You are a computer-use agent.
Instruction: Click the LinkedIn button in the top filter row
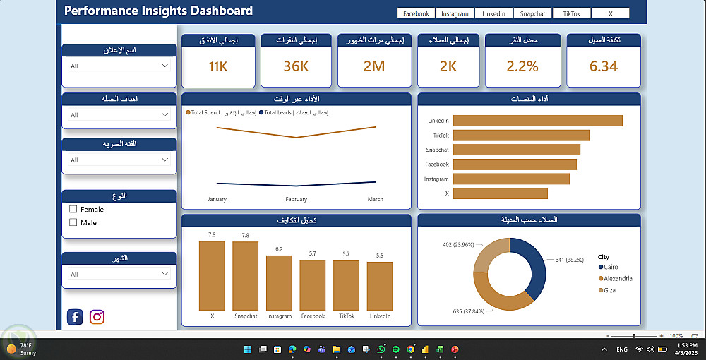tap(494, 13)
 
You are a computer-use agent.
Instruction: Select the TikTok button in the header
tap(571, 13)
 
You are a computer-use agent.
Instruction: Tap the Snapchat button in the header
tap(532, 13)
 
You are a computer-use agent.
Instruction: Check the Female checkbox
tap(73, 210)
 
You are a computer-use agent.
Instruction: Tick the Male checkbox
tap(73, 222)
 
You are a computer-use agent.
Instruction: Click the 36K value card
tap(297, 66)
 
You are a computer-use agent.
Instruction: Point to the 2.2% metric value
tap(522, 66)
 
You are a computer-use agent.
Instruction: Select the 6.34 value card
tap(604, 66)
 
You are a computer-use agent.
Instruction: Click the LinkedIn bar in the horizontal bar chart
tap(537, 121)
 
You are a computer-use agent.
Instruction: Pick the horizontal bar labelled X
tap(500, 193)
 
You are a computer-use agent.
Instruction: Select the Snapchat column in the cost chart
tap(245, 275)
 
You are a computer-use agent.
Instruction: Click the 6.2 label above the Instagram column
tap(279, 249)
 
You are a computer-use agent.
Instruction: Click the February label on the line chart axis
tap(297, 200)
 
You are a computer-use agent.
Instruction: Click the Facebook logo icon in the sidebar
tap(75, 317)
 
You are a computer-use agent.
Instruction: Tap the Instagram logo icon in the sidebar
tap(97, 317)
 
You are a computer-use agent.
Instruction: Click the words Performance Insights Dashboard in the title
tap(158, 11)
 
